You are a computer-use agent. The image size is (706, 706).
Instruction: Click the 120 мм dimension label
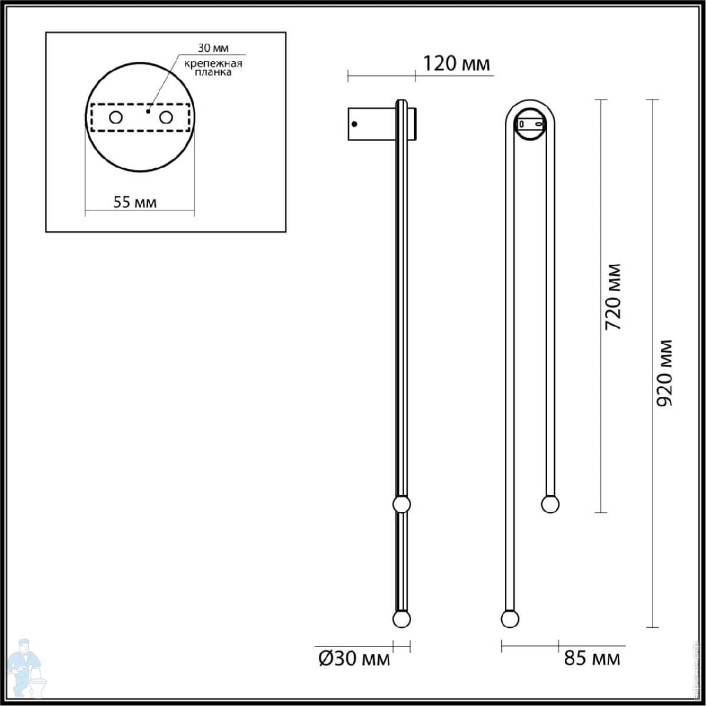click(456, 64)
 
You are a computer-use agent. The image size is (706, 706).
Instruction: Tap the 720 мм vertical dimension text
click(613, 297)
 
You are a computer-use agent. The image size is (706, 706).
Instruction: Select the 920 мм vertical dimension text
click(664, 374)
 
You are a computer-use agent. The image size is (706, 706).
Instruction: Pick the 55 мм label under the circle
click(135, 202)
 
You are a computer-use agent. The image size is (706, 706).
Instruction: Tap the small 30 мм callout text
click(213, 48)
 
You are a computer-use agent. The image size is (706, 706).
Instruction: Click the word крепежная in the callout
click(213, 64)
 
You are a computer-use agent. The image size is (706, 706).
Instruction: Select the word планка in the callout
click(213, 72)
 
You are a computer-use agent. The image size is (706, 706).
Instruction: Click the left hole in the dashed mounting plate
click(116, 118)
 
